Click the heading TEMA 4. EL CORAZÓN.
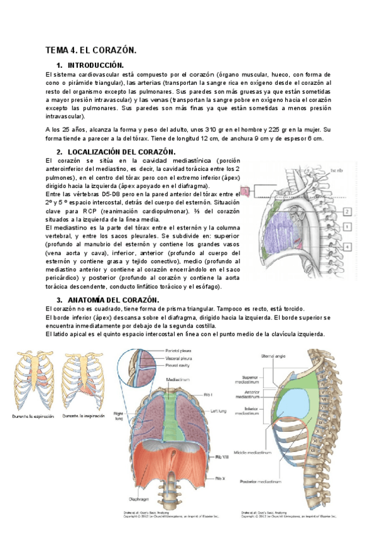90,50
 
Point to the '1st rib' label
337,169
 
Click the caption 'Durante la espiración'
31,417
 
